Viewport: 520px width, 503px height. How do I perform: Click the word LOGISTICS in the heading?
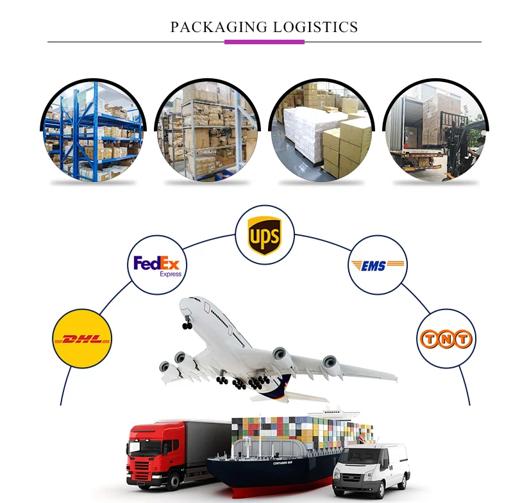(x=315, y=27)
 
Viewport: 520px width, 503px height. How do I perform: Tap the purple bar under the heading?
(x=264, y=42)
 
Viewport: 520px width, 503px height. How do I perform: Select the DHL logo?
(x=82, y=338)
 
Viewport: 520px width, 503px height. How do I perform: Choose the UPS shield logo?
(x=264, y=235)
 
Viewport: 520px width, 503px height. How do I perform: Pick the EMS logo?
(x=378, y=265)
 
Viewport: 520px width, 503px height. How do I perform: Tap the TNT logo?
(x=446, y=339)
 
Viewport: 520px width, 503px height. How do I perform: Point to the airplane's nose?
(x=184, y=305)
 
